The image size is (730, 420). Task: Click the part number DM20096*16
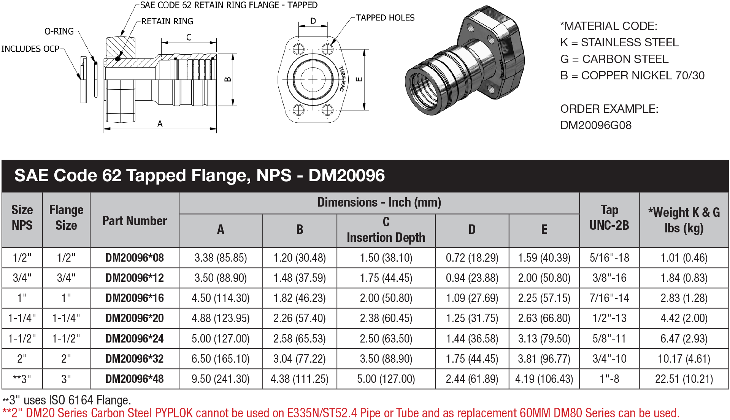(135, 298)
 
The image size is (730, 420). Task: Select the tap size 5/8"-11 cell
(609, 338)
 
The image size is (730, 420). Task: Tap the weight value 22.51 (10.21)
(684, 379)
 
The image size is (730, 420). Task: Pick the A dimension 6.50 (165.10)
(221, 358)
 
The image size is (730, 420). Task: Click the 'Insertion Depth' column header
(386, 238)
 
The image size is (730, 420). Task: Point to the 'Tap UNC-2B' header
(609, 218)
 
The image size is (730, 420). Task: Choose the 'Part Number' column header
(135, 221)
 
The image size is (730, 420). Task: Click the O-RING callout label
(59, 31)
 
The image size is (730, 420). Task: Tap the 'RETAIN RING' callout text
(167, 21)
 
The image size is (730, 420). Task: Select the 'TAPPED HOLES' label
(385, 17)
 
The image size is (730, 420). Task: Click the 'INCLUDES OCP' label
(30, 49)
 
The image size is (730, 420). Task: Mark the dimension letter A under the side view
(160, 124)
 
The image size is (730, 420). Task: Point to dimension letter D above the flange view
(313, 21)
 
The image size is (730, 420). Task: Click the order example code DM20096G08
(596, 125)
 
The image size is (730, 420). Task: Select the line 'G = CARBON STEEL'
(614, 59)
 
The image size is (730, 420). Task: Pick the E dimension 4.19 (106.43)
(544, 379)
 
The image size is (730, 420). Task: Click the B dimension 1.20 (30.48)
(300, 258)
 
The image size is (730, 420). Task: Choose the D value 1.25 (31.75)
(472, 318)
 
